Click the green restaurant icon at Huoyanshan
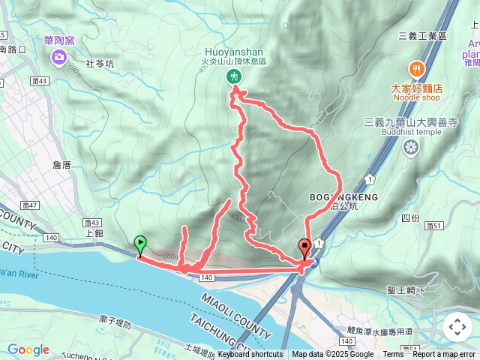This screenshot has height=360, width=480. pos(234,76)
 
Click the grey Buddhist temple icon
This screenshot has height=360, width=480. pos(410,147)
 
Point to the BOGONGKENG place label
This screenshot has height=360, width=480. pos(343,197)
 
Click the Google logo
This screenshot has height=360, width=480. pos(28,349)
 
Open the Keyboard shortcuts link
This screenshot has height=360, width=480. pos(251,355)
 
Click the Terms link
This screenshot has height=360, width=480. pos(393,355)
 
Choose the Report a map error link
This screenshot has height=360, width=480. pos(444,355)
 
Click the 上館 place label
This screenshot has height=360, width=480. pos(94,232)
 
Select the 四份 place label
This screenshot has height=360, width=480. pos(410,217)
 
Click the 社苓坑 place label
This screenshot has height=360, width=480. pos(100,64)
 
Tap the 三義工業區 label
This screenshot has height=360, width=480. pos(422,35)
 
